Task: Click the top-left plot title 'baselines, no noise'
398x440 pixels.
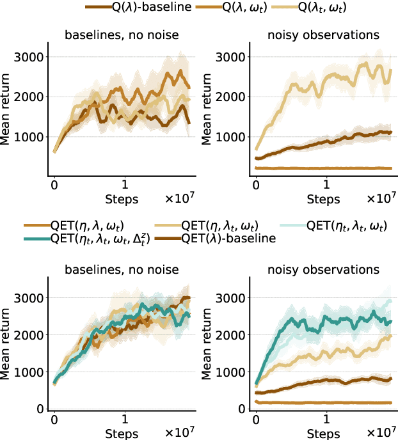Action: click(x=122, y=36)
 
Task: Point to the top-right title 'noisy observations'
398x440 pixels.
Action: click(x=323, y=36)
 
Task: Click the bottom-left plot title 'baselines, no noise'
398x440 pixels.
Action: click(x=122, y=271)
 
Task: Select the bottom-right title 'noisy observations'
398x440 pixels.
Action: click(x=323, y=271)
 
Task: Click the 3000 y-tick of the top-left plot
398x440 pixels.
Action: click(x=31, y=57)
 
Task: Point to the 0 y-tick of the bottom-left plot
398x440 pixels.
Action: click(x=39, y=409)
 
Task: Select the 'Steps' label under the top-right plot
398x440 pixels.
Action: click(x=324, y=200)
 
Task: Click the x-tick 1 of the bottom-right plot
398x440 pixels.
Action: click(x=326, y=422)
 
